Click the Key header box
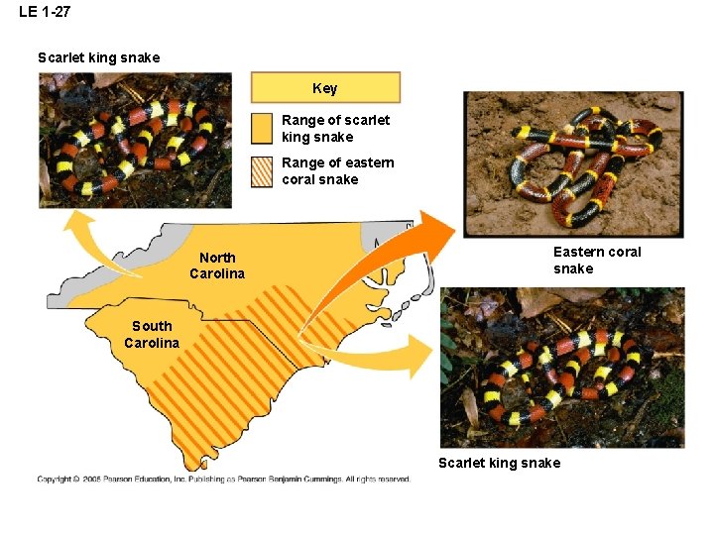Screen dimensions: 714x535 point(325,88)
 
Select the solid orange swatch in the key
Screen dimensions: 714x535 point(261,128)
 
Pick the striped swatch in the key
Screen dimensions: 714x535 point(261,171)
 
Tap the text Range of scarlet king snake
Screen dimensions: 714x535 point(335,129)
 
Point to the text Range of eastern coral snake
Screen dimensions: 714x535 point(337,171)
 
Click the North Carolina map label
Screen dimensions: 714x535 point(217,266)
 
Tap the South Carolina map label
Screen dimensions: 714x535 point(152,334)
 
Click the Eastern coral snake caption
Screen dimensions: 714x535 point(597,261)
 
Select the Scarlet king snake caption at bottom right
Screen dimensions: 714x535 point(499,463)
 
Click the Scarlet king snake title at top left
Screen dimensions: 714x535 point(98,57)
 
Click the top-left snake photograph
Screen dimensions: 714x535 point(135,140)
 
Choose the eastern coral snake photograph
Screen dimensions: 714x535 point(573,164)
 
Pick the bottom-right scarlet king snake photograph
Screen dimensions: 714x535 point(562,368)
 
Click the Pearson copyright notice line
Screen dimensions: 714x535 point(224,480)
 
